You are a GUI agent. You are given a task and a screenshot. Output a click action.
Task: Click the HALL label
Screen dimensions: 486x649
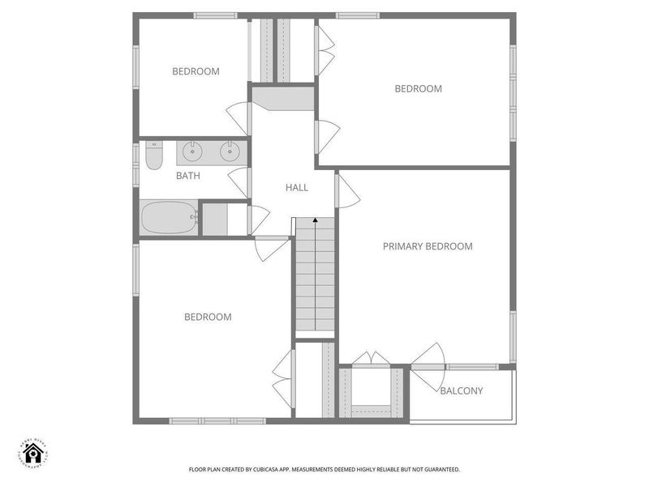tap(297, 187)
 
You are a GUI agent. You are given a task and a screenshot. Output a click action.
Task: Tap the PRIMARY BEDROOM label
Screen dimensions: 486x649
tap(428, 246)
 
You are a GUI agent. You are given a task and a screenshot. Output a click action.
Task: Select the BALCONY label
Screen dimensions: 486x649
tap(461, 391)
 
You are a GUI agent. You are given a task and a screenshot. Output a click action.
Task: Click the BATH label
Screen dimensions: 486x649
tap(188, 175)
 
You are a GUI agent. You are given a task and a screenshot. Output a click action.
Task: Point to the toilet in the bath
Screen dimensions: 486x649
tap(153, 156)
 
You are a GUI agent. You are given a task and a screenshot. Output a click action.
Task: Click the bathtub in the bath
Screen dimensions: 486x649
tap(169, 218)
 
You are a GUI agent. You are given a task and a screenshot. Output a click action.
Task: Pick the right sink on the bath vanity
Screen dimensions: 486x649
tap(230, 151)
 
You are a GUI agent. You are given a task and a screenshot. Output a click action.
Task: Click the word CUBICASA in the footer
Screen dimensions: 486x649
tap(282, 469)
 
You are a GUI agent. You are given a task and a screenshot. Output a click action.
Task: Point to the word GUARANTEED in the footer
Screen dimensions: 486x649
tap(439, 469)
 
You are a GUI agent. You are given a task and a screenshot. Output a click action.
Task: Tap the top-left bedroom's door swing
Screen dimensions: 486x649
tap(239, 118)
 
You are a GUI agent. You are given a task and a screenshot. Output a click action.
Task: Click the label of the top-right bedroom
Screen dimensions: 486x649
tap(418, 89)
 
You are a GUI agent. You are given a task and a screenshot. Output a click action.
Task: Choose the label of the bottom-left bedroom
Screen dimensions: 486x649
tap(208, 317)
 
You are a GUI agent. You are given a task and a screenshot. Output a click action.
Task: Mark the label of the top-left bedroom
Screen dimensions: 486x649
tap(196, 71)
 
